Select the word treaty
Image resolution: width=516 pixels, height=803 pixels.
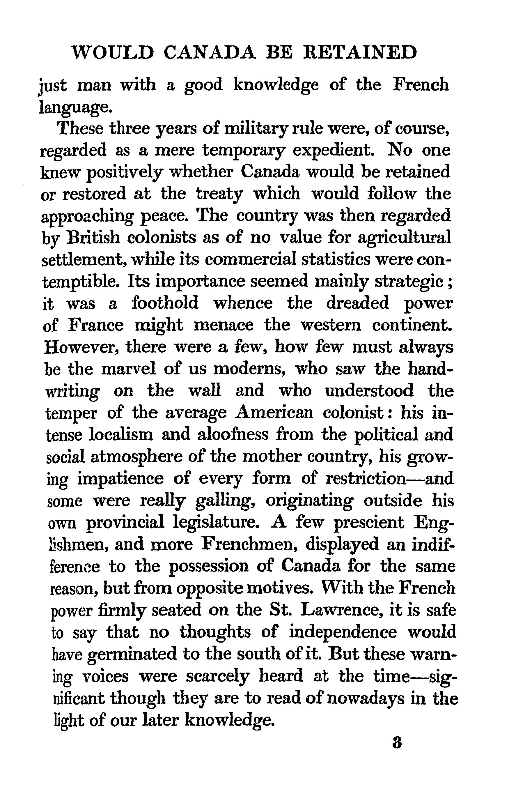[x=219, y=195]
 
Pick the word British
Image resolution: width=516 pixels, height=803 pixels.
[x=93, y=238]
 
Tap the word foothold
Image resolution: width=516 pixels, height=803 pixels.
[x=165, y=303]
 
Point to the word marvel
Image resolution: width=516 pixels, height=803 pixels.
[x=128, y=369]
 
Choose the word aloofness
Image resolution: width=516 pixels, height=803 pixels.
[x=233, y=435]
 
